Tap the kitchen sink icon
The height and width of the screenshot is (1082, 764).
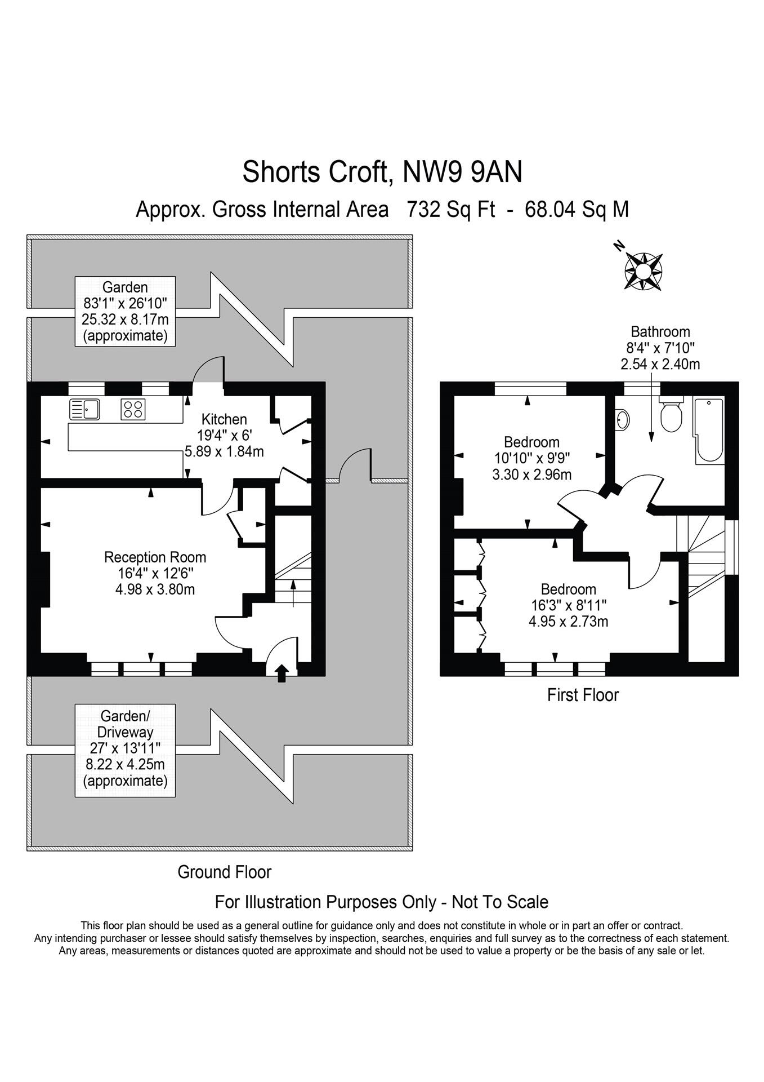click(84, 409)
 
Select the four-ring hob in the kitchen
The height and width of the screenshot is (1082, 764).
click(133, 409)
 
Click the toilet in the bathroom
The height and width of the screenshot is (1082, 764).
click(671, 414)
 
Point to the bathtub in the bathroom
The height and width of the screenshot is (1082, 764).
click(709, 431)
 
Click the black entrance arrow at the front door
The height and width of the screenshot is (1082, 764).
click(282, 673)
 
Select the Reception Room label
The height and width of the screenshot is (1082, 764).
click(155, 557)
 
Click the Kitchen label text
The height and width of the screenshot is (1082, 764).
click(224, 419)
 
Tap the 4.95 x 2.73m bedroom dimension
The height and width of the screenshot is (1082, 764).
click(569, 622)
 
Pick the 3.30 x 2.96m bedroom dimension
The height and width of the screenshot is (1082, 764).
click(531, 475)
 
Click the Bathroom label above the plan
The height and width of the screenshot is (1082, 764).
click(660, 331)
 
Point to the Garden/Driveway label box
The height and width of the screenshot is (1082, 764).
click(125, 750)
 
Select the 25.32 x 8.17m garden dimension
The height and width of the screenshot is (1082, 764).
click(125, 320)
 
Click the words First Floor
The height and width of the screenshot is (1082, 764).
click(583, 695)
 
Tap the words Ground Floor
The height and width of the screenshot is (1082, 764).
click(224, 872)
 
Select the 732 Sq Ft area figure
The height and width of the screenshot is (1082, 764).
click(451, 210)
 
